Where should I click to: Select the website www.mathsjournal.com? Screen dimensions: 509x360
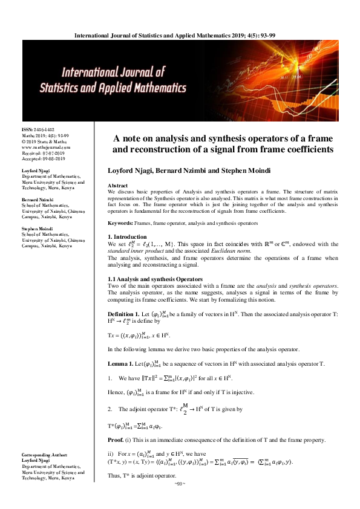coord(46,147)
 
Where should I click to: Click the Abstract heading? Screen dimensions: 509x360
coord(117,184)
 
